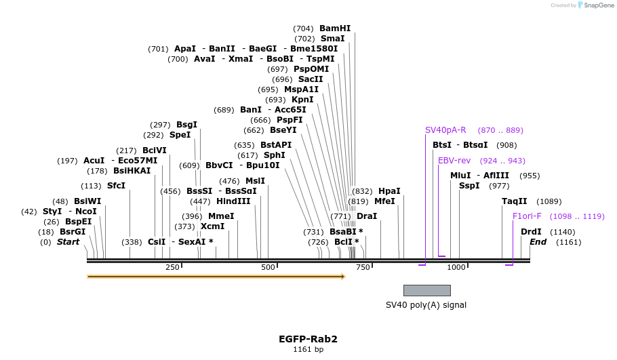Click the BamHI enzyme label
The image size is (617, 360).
[x=335, y=28]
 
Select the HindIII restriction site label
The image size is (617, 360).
[x=233, y=201]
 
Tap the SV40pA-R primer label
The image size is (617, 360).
[x=445, y=130]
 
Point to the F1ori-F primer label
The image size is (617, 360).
[x=527, y=216]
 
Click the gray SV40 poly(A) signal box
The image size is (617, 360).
[x=426, y=290]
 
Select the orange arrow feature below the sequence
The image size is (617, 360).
[x=216, y=277]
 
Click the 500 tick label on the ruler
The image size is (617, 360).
[x=268, y=267]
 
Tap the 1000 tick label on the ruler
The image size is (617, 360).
[x=456, y=267]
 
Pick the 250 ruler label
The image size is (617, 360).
[x=172, y=267]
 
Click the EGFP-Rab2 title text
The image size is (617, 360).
[x=308, y=339]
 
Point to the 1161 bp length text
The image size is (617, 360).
[x=308, y=350]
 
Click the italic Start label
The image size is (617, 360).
[x=68, y=242]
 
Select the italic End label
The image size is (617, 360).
[x=538, y=242]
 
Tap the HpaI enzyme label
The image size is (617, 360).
[x=389, y=191]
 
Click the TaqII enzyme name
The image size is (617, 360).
[x=514, y=201]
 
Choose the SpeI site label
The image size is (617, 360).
[x=180, y=135]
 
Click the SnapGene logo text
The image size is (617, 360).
[x=597, y=5]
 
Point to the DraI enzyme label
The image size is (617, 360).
[x=367, y=216]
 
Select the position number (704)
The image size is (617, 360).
[x=303, y=28]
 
